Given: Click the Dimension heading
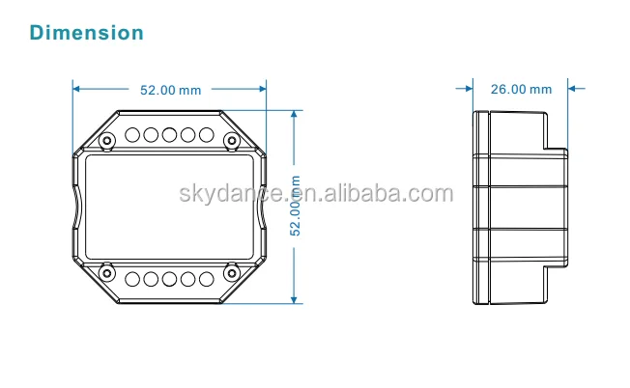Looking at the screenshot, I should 87,33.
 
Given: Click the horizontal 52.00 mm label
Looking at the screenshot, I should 170,90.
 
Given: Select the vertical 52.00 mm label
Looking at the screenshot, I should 297,206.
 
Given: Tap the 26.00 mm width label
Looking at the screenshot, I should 521,90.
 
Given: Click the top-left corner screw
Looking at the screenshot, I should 108,141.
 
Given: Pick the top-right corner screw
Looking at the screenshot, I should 231,141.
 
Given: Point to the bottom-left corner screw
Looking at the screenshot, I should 108,271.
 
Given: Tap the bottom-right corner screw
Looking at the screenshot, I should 231,271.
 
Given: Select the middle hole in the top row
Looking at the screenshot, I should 170,134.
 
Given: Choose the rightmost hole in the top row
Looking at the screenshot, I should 205,134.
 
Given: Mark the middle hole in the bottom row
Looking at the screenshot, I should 170,279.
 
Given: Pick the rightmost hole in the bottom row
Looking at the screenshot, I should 205,279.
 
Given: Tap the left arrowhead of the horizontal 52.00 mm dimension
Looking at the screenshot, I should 78,90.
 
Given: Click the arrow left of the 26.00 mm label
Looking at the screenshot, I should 466,90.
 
